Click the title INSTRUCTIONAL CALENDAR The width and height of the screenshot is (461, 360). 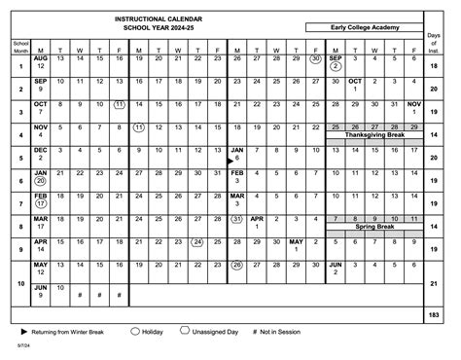tap(156, 19)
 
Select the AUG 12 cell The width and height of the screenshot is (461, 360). tap(41, 63)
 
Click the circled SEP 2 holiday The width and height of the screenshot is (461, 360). tap(335, 63)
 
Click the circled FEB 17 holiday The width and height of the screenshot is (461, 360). tap(41, 200)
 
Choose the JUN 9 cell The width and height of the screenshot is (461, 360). tap(41, 291)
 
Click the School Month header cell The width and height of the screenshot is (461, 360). tap(20, 47)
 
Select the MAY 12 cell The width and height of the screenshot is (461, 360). tap(41, 268)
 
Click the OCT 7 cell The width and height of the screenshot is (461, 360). tap(41, 108)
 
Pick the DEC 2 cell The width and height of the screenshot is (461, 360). tap(41, 154)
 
